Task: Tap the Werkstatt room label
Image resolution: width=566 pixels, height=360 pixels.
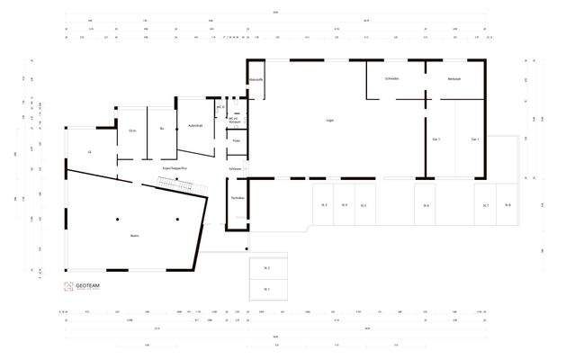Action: coord(454,79)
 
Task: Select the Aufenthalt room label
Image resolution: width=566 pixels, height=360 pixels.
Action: coord(194,125)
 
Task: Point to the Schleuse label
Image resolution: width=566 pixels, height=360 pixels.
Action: coord(236,168)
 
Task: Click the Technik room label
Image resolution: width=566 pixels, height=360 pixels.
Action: coord(237,197)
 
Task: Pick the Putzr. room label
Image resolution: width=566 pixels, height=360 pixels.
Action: coord(236,141)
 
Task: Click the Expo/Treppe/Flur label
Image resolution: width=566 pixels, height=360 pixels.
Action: coord(174,167)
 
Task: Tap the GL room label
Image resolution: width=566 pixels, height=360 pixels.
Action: coord(89,152)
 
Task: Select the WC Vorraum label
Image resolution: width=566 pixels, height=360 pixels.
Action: coord(234,120)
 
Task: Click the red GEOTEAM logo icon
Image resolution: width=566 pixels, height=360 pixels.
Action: coord(67,287)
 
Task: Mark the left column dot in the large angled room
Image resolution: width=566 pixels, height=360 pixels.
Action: coord(117,220)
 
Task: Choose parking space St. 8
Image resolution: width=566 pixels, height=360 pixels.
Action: coord(508,206)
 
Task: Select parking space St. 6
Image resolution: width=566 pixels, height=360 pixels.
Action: coord(427,206)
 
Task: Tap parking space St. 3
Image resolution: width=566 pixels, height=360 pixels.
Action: coord(323,206)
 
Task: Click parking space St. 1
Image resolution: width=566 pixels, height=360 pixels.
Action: coord(267,289)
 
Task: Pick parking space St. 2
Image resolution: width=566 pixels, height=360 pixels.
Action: coord(267,268)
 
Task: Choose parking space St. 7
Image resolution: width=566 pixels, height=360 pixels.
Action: coord(486,206)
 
